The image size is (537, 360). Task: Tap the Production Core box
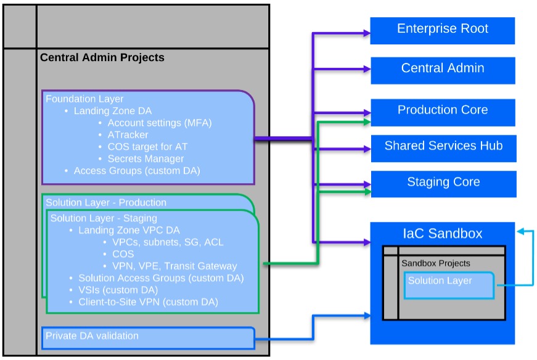pos(442,111)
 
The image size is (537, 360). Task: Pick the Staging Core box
pos(443,183)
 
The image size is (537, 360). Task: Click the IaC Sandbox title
pos(442,234)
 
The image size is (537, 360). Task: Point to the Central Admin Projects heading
pos(102,58)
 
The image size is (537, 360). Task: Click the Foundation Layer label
pos(84,99)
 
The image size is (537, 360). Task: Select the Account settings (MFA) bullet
pos(159,123)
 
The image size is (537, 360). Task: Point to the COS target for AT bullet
pos(147,147)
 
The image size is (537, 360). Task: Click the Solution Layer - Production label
pos(106,202)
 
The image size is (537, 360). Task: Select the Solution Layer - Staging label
pos(104,218)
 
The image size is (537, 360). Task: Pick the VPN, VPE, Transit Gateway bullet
pos(174,266)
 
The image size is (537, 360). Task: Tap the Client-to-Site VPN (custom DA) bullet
pos(148,302)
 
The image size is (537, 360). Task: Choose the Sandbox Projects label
pos(436,263)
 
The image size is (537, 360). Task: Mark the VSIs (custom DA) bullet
pos(118,290)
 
